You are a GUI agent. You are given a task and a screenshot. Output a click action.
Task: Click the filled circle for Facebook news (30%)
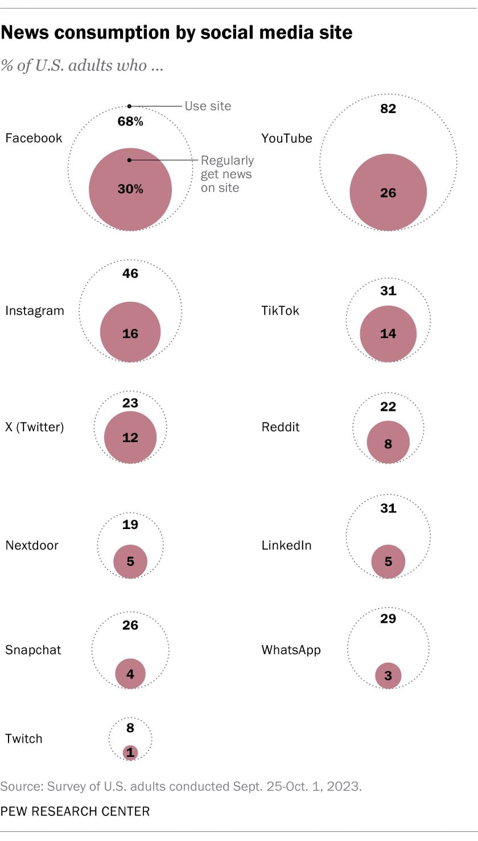click(130, 189)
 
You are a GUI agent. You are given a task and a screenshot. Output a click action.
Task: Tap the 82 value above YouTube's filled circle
click(388, 109)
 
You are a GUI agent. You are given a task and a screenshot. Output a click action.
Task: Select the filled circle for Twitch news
click(130, 753)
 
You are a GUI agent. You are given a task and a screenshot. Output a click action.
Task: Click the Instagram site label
click(35, 311)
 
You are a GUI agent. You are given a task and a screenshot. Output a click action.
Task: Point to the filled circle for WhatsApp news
click(388, 676)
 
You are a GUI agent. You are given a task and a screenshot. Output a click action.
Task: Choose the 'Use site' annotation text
click(208, 106)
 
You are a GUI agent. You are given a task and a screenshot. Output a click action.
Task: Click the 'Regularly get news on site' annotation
click(227, 174)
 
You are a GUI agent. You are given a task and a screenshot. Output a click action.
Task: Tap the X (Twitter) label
click(35, 427)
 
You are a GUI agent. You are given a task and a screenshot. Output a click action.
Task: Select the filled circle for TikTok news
click(388, 334)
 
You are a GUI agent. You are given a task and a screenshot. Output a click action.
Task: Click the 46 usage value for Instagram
click(130, 273)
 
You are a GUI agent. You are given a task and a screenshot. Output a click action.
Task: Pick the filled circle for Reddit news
click(388, 443)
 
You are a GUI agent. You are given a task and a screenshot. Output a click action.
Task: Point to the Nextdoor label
click(32, 546)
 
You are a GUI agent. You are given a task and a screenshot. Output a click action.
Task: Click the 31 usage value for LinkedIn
click(388, 508)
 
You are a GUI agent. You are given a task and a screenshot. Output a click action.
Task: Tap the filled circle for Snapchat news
click(130, 674)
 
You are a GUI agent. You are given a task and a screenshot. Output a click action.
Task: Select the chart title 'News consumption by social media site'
click(176, 33)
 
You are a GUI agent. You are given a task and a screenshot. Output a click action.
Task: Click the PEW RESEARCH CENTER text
click(75, 811)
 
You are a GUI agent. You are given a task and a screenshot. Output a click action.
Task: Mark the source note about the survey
click(180, 787)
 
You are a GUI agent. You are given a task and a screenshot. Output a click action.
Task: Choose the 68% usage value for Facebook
click(130, 122)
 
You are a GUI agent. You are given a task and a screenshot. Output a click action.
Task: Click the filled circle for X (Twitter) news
click(130, 437)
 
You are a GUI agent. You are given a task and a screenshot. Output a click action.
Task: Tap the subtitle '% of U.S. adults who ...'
click(83, 65)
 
